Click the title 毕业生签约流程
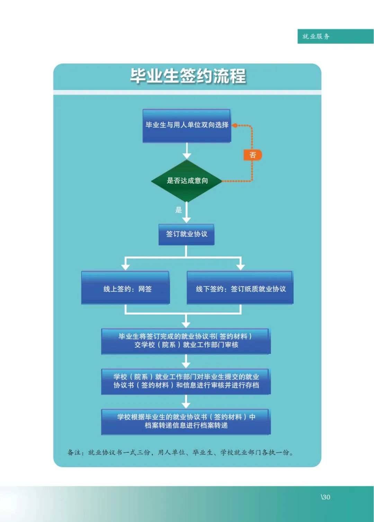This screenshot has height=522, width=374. coord(188,76)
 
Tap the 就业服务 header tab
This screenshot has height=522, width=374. coord(335,36)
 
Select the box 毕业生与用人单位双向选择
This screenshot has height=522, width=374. coord(187,126)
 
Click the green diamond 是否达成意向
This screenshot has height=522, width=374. coord(187,181)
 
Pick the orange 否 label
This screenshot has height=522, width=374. coord(253,155)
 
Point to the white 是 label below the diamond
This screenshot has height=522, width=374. coord(178,210)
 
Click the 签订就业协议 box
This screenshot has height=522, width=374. coord(186,235)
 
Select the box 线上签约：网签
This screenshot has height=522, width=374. coord(125,287)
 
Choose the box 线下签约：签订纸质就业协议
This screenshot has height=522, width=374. coord(240,287)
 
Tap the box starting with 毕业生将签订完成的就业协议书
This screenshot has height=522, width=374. coord(186,341)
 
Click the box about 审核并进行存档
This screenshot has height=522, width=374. coord(186,382)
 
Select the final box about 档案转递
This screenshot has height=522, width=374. coord(186,422)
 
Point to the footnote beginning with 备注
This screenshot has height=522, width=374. coord(180,452)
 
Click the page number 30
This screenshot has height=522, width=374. coord(326,497)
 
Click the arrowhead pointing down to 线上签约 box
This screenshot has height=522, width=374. coord(125,267)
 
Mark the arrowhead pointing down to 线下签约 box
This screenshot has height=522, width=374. coord(241,267)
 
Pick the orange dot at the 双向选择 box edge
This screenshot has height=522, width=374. coord(234,125)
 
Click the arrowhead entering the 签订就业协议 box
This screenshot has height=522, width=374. coord(186,220)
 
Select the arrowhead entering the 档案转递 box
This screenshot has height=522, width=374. coord(186,405)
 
